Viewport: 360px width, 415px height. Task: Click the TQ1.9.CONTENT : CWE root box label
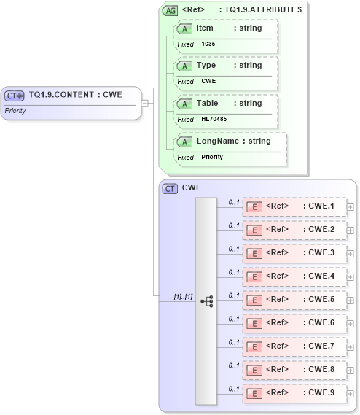[75, 94]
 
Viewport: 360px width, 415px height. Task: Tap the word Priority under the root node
[16, 111]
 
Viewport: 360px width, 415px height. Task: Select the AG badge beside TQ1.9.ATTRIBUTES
[170, 10]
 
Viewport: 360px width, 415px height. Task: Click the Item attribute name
[205, 28]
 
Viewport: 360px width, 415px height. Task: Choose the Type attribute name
[206, 65]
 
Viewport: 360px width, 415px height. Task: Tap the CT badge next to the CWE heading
[170, 188]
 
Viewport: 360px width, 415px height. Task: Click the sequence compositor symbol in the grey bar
[206, 300]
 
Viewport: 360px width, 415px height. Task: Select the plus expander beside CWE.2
[351, 230]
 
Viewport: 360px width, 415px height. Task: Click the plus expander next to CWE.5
[351, 300]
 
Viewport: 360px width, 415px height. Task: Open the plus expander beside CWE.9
[351, 393]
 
